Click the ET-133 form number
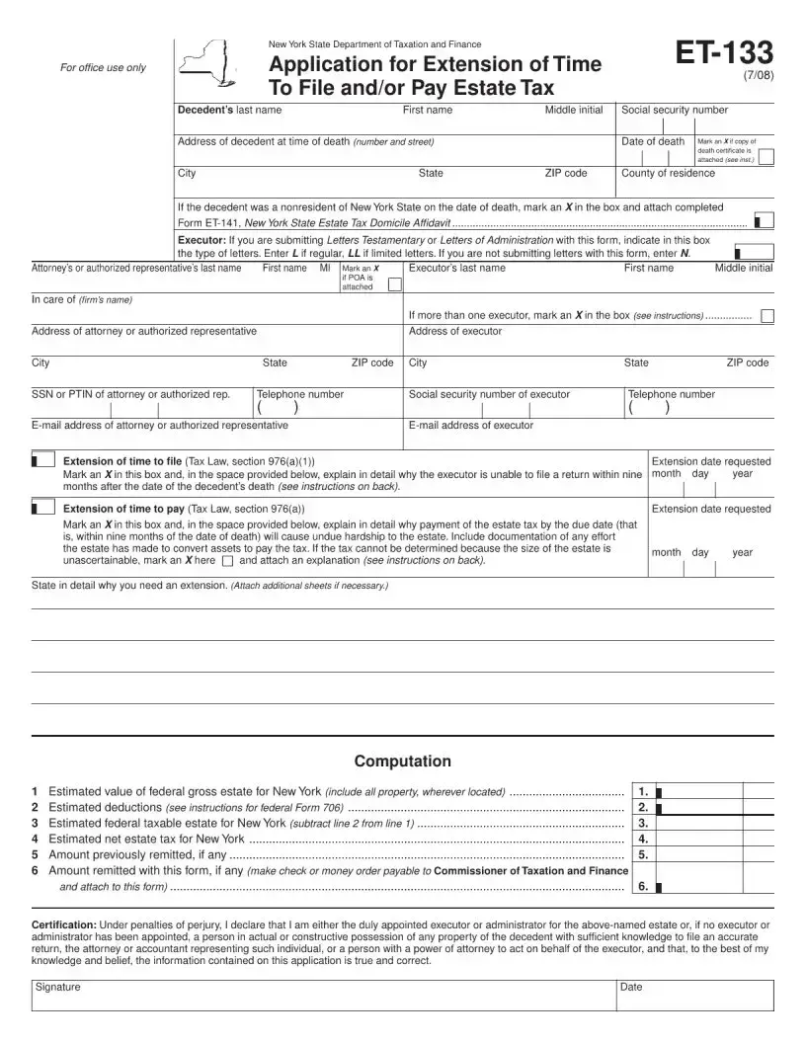724,51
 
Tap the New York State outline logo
206,66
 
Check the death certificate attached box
766,155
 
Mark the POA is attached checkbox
394,284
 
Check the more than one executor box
767,315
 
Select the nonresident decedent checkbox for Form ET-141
763,221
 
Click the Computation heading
402,761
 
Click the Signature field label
58,987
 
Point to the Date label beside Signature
630,987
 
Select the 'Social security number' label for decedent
674,110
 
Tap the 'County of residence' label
668,173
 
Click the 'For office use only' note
103,67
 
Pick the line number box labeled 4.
642,839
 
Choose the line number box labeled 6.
642,886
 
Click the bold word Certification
64,924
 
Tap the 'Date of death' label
652,141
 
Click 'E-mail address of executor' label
470,425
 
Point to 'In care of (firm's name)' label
81,299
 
